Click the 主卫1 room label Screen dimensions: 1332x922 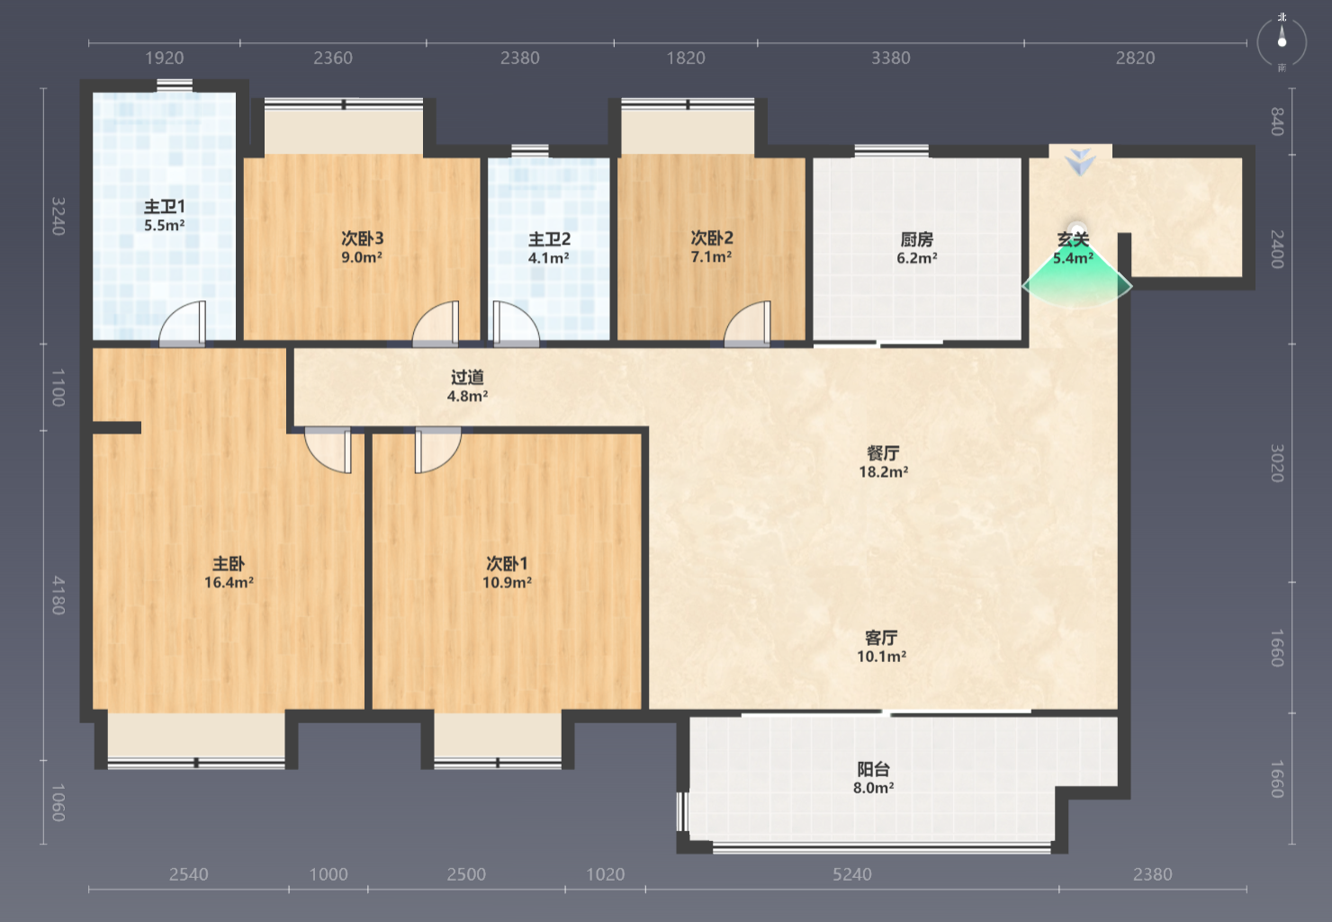(165, 207)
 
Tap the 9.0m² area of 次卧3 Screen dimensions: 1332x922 (362, 257)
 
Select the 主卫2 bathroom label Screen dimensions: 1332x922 (549, 239)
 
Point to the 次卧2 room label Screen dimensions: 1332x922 (712, 237)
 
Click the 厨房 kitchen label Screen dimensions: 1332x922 (917, 239)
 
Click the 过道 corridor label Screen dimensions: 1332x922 (467, 377)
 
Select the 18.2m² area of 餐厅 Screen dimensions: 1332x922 (883, 472)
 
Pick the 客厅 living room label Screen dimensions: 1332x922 (881, 638)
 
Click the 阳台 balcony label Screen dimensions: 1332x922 (874, 769)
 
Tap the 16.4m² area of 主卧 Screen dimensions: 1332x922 (229, 583)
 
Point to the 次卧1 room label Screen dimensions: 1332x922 (508, 563)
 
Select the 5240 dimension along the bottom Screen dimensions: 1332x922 (852, 874)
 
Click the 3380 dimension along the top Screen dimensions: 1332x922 (891, 58)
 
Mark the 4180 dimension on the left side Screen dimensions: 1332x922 (58, 595)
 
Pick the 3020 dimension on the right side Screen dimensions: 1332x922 (1277, 463)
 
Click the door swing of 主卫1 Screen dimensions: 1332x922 (182, 323)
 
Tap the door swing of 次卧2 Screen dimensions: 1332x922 (747, 323)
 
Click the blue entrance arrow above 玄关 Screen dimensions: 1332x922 (1081, 162)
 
